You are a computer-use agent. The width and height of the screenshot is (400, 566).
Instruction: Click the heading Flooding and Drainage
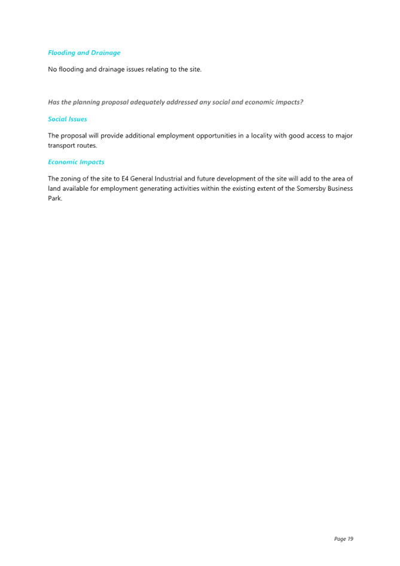pyautogui.click(x=84, y=53)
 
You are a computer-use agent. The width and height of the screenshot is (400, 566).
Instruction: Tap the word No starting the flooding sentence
pyautogui.click(x=52, y=69)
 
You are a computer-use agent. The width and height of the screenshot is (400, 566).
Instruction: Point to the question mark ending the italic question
pyautogui.click(x=301, y=102)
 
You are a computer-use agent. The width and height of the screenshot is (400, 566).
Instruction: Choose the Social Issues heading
pyautogui.click(x=68, y=119)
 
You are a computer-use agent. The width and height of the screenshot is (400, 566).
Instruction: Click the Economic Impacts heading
pyautogui.click(x=76, y=162)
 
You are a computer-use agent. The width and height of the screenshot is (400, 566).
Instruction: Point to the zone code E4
pyautogui.click(x=125, y=179)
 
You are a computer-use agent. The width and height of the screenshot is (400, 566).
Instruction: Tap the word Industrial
pyautogui.click(x=169, y=179)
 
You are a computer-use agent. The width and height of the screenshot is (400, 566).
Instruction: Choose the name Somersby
pyautogui.click(x=311, y=189)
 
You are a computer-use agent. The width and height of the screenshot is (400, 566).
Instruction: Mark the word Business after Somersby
pyautogui.click(x=340, y=188)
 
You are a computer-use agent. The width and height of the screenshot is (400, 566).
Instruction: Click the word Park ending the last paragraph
pyautogui.click(x=55, y=199)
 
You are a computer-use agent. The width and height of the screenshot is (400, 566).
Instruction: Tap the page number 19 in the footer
pyautogui.click(x=350, y=539)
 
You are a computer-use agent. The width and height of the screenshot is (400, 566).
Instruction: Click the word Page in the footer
pyautogui.click(x=340, y=539)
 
